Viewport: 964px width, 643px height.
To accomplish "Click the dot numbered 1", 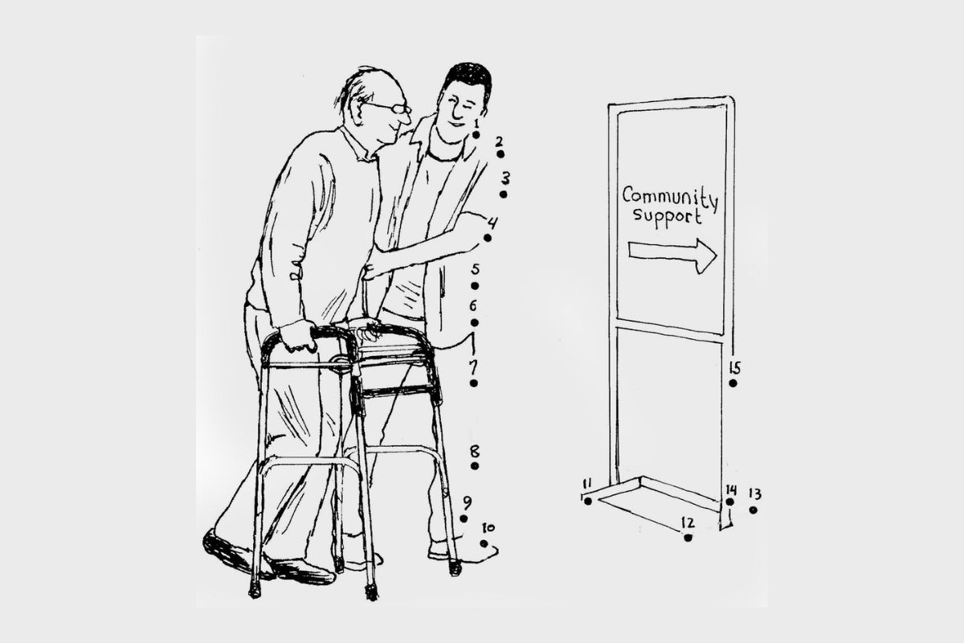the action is pos(476,135).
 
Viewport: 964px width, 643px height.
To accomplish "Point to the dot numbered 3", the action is pos(503,195).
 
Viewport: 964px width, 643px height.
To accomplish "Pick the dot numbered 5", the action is pos(475,286).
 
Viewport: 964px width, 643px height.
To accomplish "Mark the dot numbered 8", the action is pos(475,466).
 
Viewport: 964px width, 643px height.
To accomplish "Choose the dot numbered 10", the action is pos(484,543).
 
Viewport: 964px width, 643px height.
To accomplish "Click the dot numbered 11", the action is pos(588,501).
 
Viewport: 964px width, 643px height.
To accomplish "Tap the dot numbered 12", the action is pos(688,538).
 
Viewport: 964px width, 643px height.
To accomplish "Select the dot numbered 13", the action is pos(753,510).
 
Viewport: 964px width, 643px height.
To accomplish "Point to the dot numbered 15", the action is pos(733,383).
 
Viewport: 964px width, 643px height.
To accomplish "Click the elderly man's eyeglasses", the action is pos(390,108).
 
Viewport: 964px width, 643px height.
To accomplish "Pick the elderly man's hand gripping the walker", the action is pos(298,335).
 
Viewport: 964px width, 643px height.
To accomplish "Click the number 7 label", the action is pos(473,367).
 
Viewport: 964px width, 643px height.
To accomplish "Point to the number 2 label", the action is pos(499,141).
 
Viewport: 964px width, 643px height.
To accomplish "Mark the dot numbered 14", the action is pos(729,502).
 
